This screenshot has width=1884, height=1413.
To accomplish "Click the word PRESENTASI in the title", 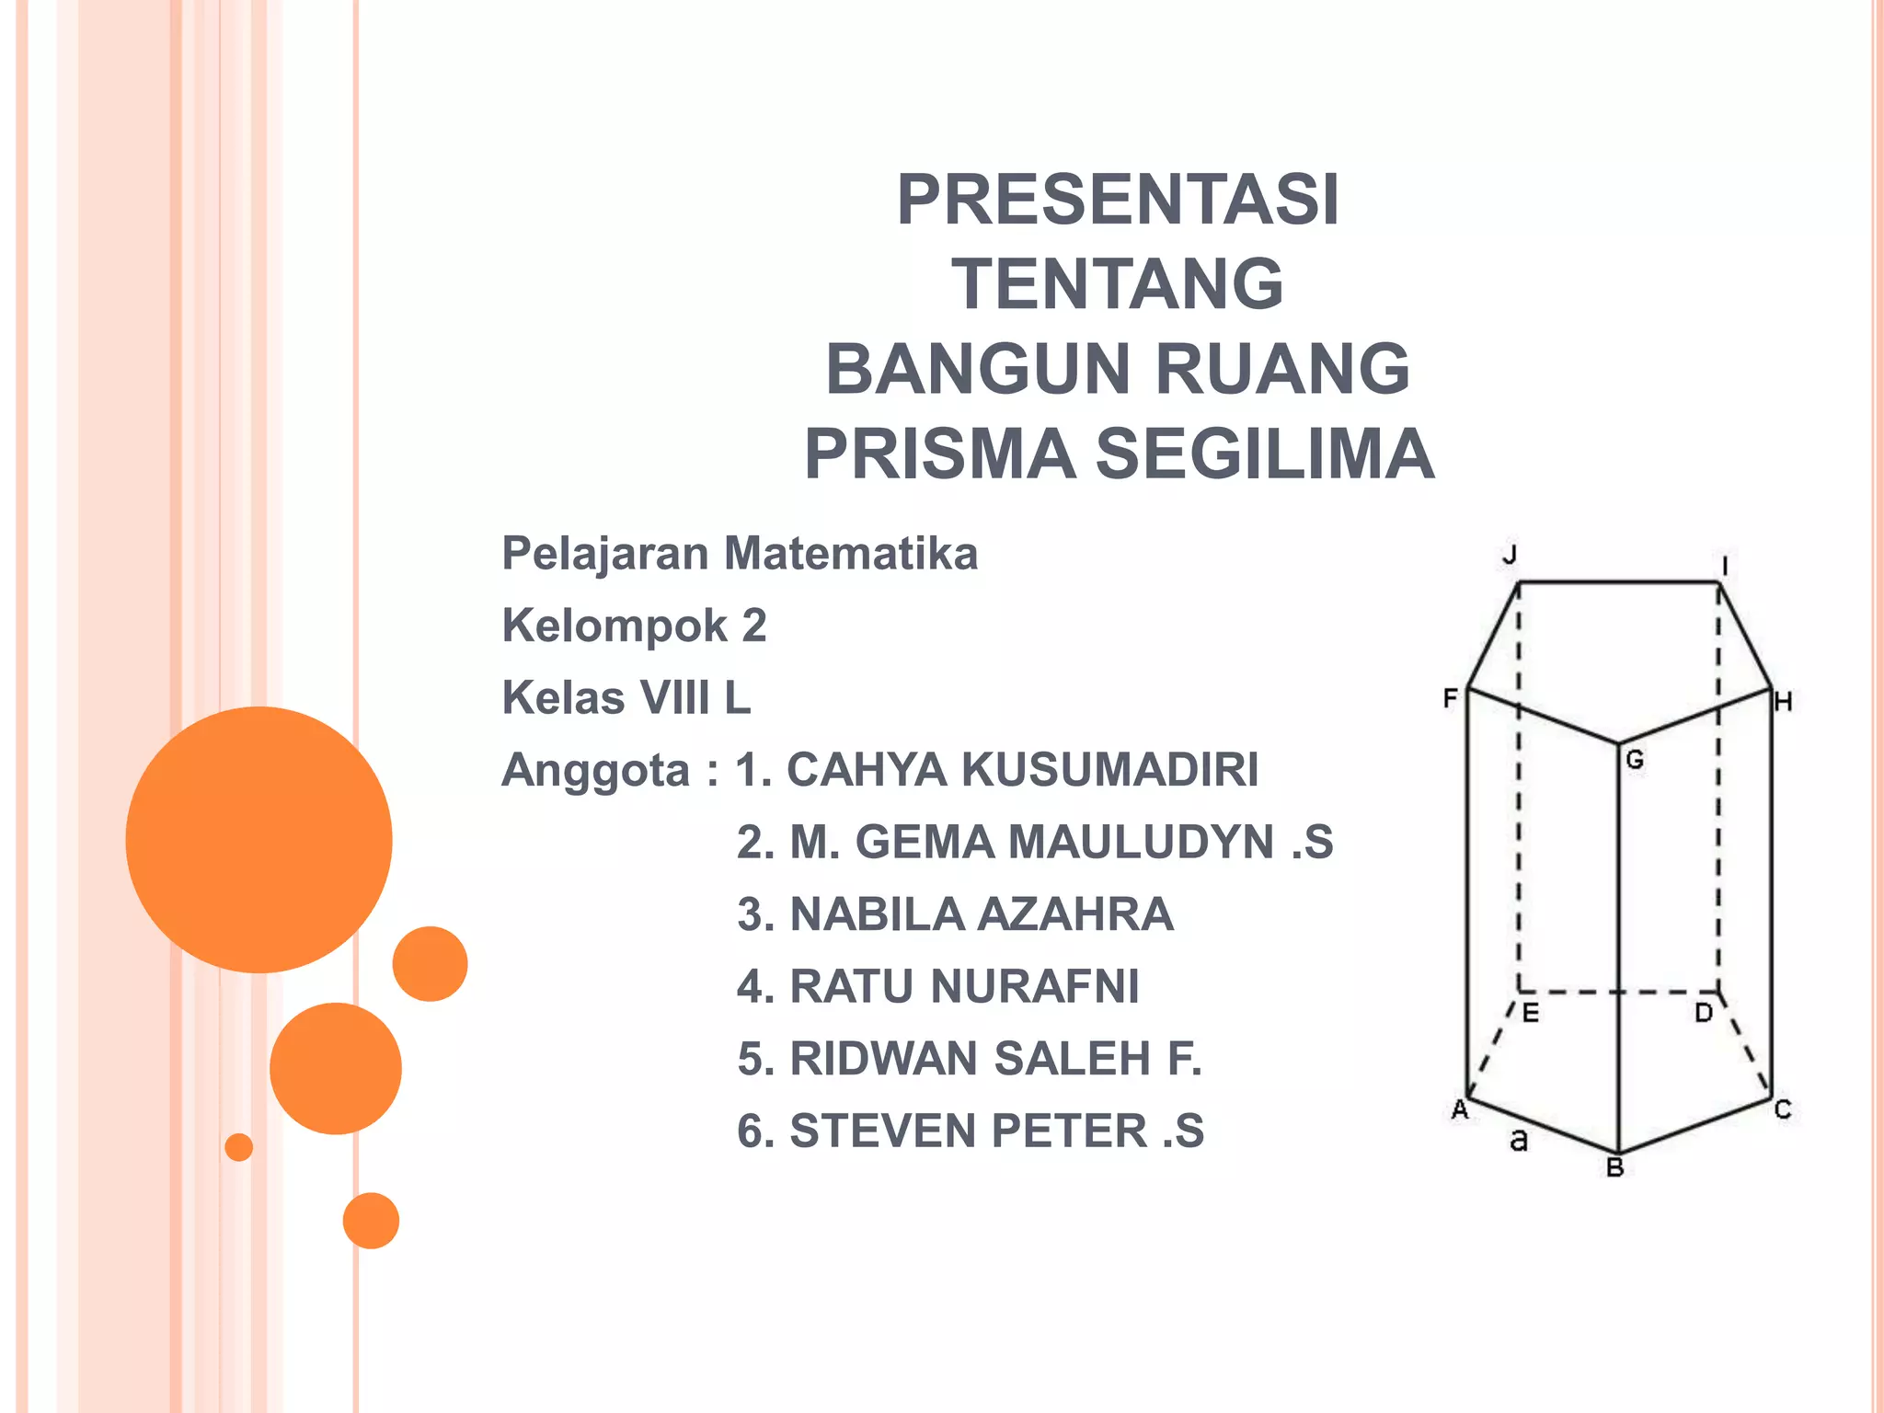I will point(1118,200).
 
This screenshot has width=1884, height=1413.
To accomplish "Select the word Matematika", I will point(851,554).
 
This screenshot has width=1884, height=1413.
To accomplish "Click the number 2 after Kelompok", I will point(754,626).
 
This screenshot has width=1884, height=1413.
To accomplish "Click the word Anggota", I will point(595,770).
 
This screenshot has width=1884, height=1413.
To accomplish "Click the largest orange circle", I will point(259,839).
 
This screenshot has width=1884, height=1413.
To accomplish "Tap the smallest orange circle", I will point(239,1147).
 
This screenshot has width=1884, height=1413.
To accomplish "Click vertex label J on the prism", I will point(1510,555).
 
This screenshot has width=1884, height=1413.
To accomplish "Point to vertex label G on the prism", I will point(1635,760).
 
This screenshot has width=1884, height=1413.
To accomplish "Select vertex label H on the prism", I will point(1783,703).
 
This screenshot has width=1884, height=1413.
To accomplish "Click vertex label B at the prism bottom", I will point(1614,1168).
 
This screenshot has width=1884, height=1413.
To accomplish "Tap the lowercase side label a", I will point(1519,1141).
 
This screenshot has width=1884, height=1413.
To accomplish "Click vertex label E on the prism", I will point(1530,1014).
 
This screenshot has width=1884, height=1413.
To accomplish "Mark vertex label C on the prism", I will point(1783,1110).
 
